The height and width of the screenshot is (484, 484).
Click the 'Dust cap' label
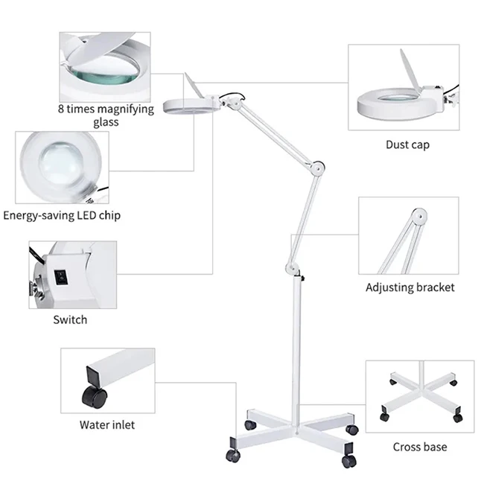click(x=407, y=144)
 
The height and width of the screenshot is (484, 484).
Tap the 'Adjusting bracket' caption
click(x=410, y=287)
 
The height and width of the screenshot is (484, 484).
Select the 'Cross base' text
click(x=420, y=447)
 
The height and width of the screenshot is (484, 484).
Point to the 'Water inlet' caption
click(x=107, y=425)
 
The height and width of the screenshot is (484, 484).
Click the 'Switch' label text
click(x=70, y=319)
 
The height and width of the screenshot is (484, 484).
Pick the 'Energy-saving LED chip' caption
click(x=62, y=215)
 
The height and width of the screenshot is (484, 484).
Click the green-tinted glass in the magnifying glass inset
click(x=101, y=74)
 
